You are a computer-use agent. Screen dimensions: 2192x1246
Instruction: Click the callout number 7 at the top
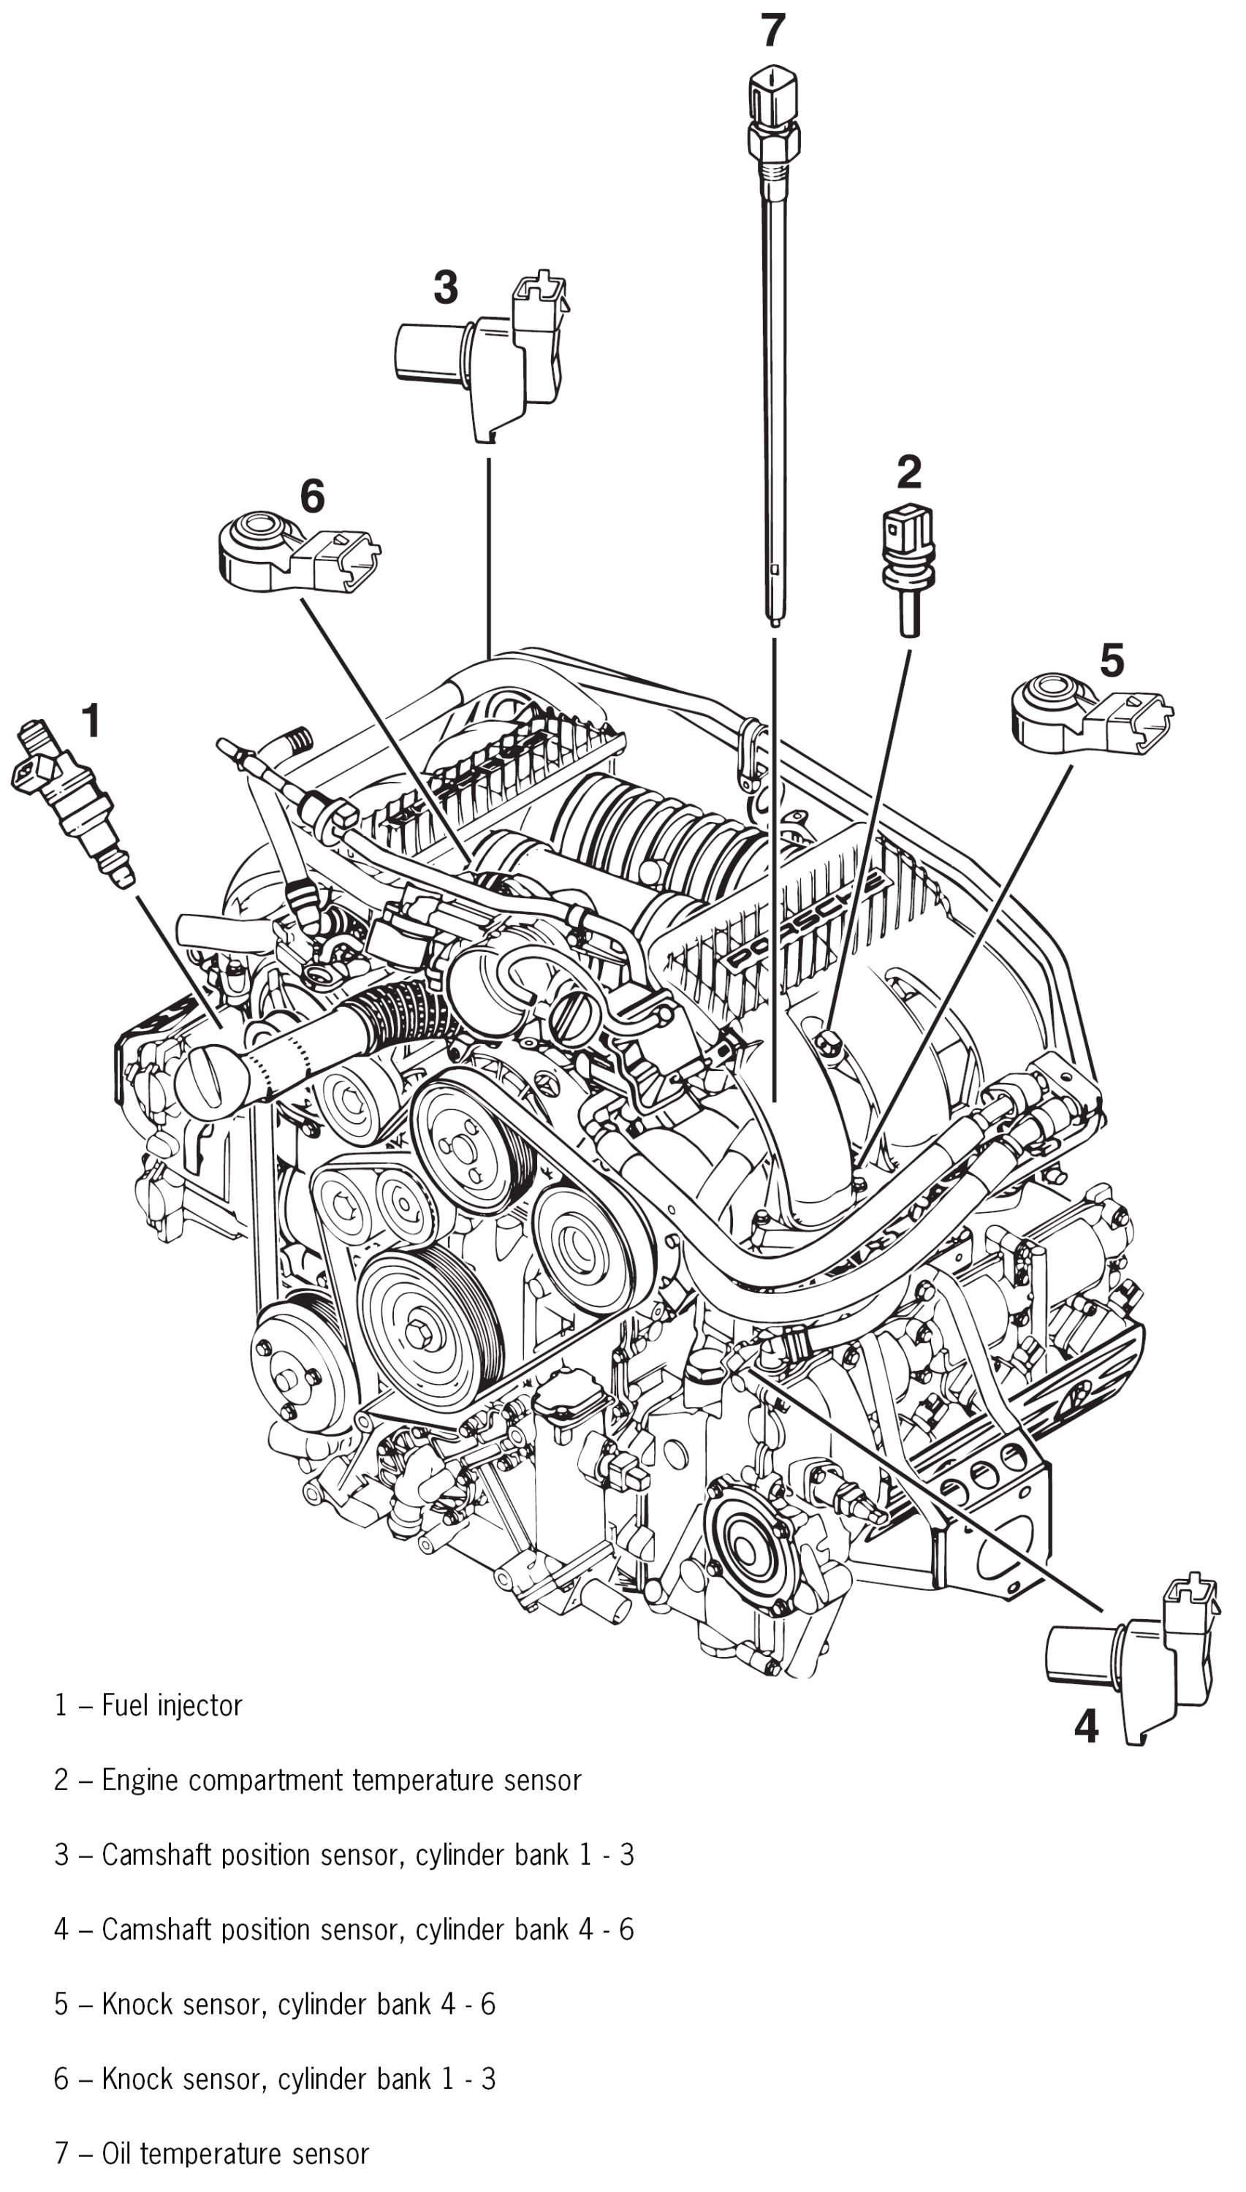click(x=772, y=31)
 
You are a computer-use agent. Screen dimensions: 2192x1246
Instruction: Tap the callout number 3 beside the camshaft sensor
click(x=445, y=287)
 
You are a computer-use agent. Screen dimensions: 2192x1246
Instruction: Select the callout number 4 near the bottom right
click(x=1086, y=1726)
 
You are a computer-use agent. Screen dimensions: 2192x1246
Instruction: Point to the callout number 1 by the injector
click(x=91, y=720)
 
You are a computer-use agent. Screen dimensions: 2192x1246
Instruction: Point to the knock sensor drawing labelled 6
click(x=291, y=552)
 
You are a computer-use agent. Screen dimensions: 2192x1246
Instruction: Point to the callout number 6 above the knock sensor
click(x=312, y=496)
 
